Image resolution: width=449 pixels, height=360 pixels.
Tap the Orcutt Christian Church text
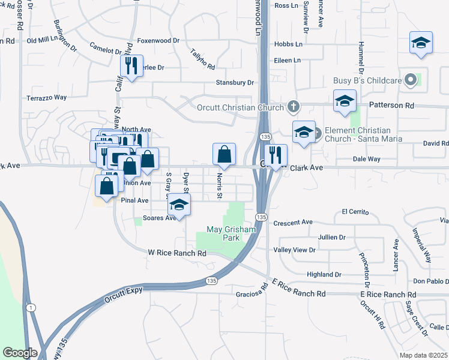[x=240, y=108]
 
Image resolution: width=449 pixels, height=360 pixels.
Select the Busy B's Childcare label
[x=367, y=80]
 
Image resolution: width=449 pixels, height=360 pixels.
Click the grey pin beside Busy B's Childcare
[x=411, y=80]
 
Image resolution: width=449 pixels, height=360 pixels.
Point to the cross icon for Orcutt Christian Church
[x=293, y=107]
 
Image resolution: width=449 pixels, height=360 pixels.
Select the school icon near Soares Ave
[x=179, y=205]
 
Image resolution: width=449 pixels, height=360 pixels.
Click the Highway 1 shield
[x=29, y=308]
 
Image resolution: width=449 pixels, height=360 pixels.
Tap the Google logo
[x=20, y=353]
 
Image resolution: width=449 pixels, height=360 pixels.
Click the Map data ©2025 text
[x=424, y=355]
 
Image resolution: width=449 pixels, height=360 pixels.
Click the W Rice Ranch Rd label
[x=177, y=254]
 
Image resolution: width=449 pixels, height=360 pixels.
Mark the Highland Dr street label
[x=324, y=274]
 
